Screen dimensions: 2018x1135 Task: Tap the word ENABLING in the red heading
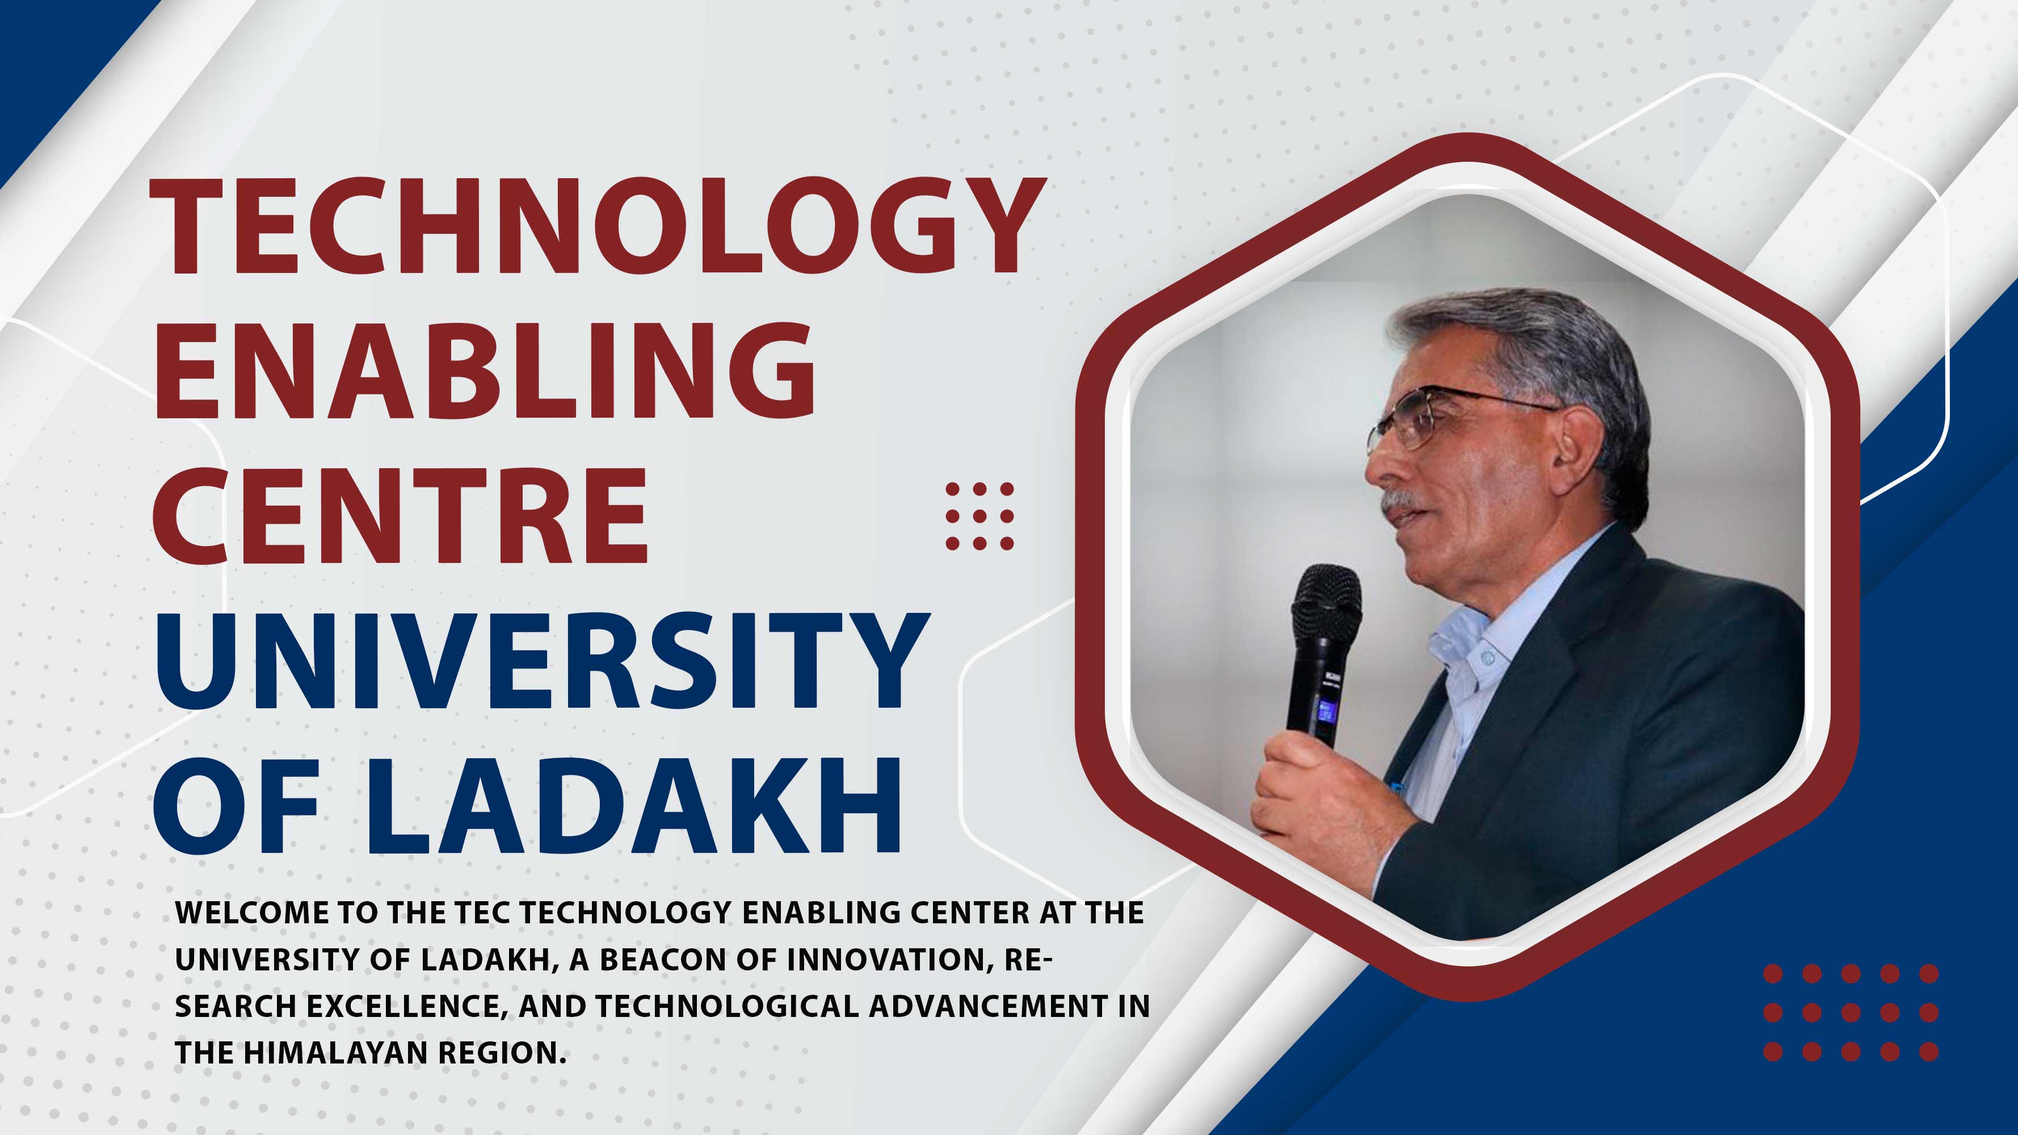coord(485,371)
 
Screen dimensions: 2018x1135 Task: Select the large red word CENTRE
coord(400,515)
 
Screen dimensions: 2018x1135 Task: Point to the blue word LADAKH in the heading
coord(634,805)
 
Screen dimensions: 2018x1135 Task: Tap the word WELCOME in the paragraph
coord(251,913)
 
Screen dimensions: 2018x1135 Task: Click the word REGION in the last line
coord(501,1053)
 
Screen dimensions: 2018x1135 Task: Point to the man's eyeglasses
coord(1441,419)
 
